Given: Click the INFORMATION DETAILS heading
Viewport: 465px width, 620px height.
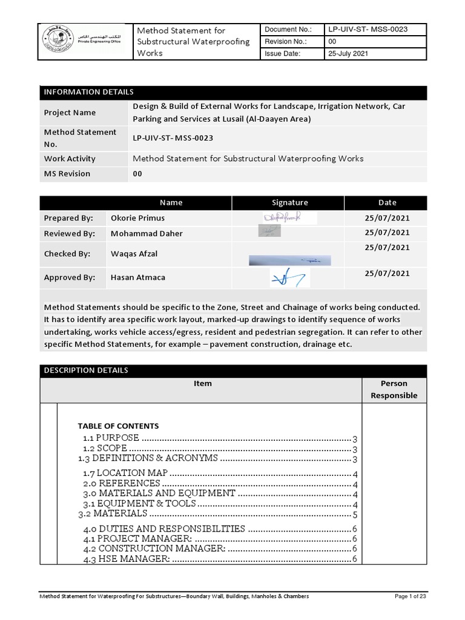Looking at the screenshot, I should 88,92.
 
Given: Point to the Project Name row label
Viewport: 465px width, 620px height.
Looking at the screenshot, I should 70,113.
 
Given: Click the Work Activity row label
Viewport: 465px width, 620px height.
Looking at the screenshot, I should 70,159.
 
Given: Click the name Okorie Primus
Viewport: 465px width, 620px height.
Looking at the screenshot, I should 137,218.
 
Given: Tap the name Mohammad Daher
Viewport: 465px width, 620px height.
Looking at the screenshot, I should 147,233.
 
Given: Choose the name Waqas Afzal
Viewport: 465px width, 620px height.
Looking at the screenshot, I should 134,254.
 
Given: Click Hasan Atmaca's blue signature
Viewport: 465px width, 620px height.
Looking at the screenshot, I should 289,278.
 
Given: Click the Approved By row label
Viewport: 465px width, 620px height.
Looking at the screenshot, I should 70,277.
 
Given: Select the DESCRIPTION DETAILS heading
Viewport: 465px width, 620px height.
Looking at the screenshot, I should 86,371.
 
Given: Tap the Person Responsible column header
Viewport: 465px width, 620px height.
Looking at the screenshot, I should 394,389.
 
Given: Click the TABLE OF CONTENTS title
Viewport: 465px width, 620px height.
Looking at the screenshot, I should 118,426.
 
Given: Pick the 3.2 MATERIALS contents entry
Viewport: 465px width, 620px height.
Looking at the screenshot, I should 113,513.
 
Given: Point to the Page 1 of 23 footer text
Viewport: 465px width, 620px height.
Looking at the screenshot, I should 410,596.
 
